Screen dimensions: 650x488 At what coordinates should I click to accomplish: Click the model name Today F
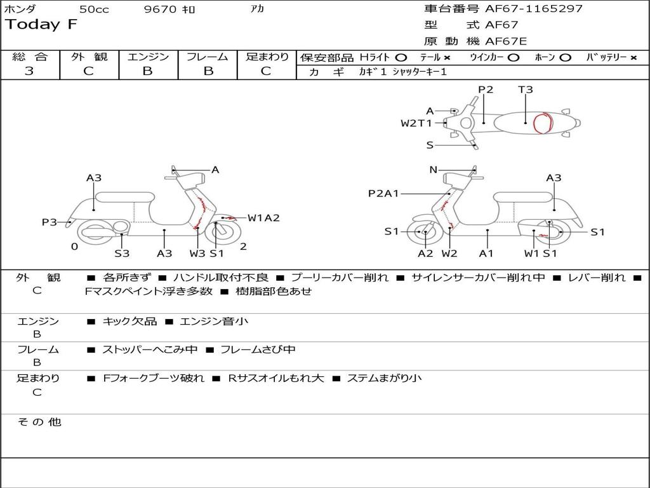pos(41,25)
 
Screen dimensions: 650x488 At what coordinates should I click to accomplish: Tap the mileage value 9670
pos(161,10)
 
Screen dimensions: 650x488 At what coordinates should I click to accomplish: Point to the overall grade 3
pos(29,71)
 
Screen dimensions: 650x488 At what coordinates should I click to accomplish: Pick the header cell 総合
pos(29,57)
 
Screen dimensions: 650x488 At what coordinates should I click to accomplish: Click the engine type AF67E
pos(506,41)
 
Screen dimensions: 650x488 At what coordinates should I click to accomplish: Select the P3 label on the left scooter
pos(50,222)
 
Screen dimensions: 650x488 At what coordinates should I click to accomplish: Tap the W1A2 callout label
pos(263,218)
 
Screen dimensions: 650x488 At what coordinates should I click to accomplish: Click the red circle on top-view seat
pos(542,123)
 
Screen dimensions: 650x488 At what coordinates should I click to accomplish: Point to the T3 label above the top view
pos(525,90)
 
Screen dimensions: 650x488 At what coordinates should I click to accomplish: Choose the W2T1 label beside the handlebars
pos(416,123)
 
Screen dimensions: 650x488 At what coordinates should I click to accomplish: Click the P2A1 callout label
pos(383,193)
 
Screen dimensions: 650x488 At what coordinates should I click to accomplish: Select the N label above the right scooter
pos(433,170)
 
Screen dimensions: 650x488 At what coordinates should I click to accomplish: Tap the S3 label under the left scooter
pos(122,254)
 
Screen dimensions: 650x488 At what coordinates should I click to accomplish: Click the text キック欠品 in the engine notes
pos(129,322)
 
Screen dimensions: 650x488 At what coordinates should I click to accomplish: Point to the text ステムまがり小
pos(384,379)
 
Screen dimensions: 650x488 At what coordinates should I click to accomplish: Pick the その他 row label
pos(39,422)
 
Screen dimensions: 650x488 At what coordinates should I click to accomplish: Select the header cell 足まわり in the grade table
pos(267,57)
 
